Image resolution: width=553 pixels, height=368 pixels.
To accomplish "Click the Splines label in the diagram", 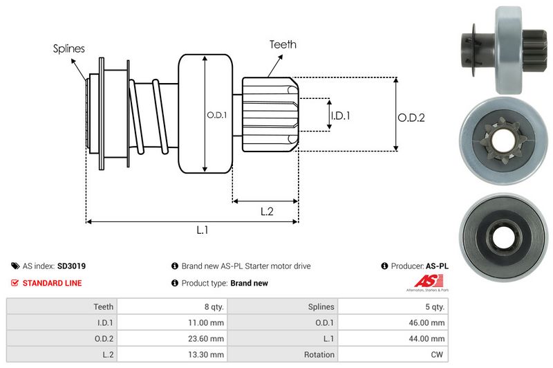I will (x=68, y=48).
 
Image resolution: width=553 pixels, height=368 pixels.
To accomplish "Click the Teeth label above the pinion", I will (x=283, y=44).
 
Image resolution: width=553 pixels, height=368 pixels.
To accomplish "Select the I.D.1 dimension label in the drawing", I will (x=339, y=116).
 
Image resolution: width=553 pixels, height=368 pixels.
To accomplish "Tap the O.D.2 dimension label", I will (x=411, y=118).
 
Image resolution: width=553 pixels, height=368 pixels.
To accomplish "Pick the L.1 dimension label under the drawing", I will (x=203, y=231).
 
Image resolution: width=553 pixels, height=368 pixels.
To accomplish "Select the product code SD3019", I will (x=71, y=266).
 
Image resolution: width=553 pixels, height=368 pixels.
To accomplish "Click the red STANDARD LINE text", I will (x=52, y=283).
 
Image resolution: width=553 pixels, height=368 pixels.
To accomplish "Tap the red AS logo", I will (x=423, y=282).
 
